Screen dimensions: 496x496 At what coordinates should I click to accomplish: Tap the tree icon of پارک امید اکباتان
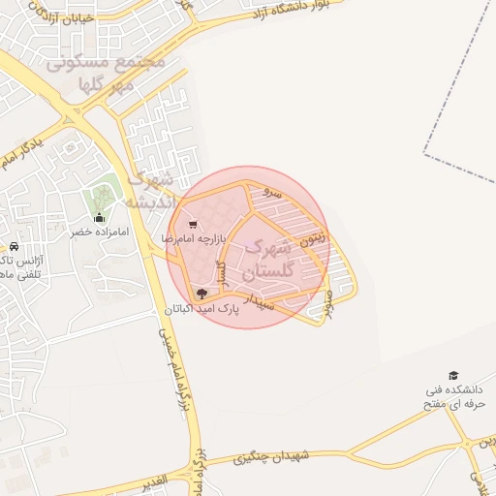pos(201,294)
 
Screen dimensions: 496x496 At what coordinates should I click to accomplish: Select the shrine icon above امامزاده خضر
pos(99,218)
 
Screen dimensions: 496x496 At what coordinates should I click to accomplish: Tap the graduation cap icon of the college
pos(452,375)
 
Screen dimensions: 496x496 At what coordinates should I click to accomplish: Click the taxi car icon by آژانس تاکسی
pos(14,247)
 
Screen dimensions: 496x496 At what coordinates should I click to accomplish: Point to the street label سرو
pos(274,193)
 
